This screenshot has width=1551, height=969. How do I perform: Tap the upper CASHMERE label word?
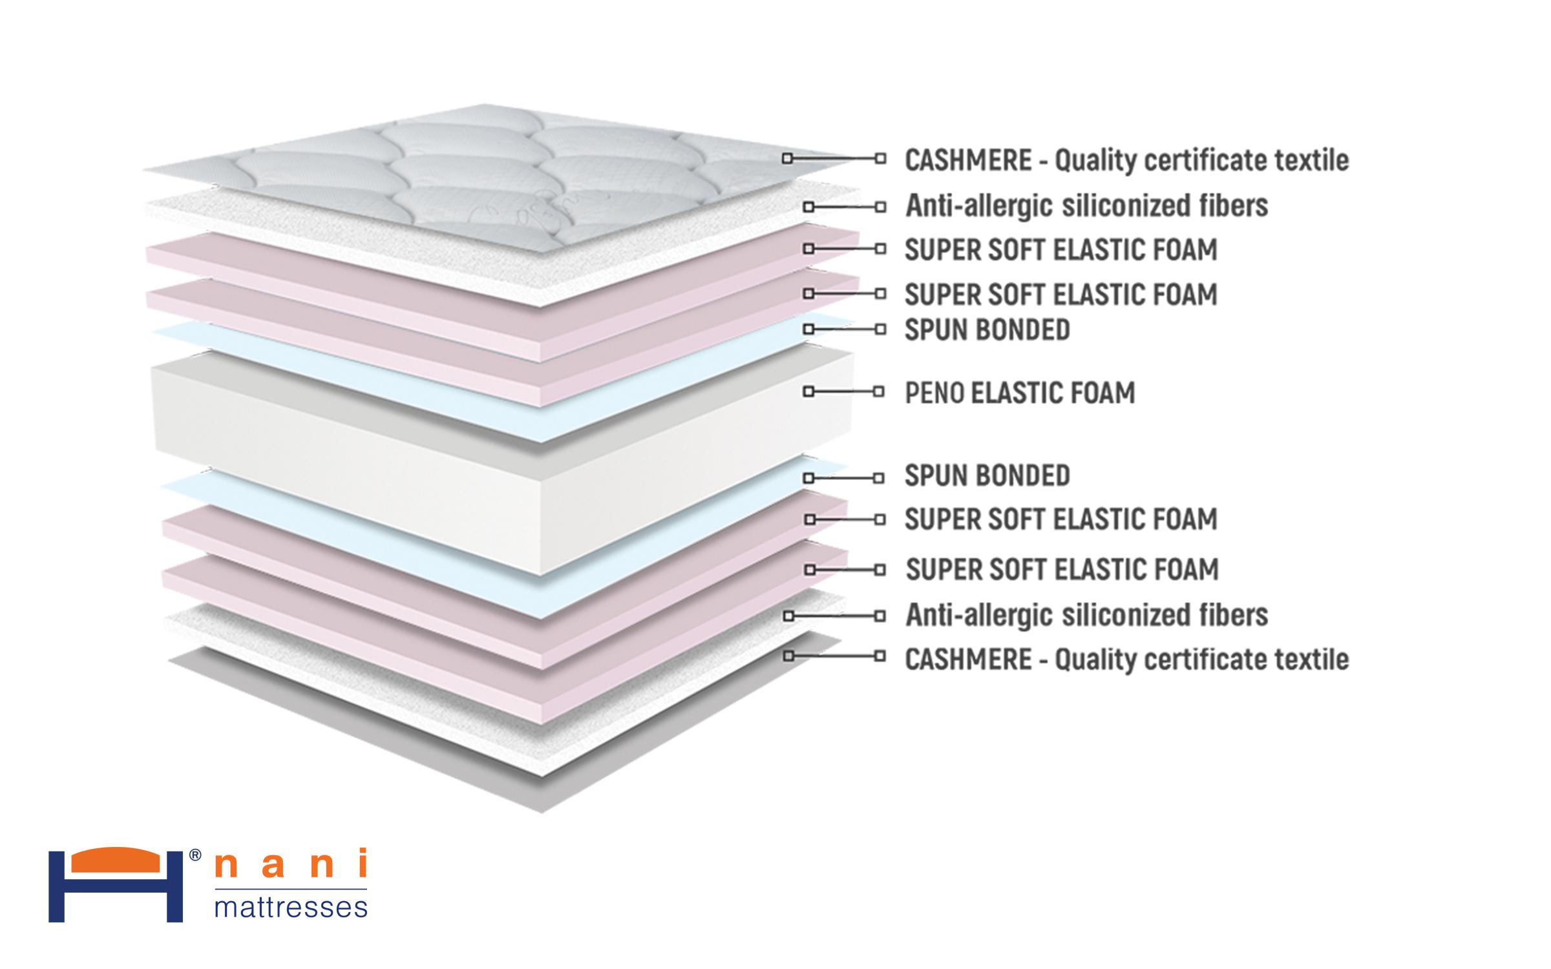point(967,160)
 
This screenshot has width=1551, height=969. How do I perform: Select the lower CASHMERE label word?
point(967,660)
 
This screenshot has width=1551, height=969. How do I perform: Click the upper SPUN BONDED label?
point(987,330)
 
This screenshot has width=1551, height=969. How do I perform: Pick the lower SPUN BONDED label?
point(987,476)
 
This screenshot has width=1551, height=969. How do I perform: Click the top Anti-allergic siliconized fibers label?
point(1086,206)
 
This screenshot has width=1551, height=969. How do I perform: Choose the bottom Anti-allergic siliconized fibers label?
point(1086,615)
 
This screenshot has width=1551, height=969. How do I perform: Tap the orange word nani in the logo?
point(290,864)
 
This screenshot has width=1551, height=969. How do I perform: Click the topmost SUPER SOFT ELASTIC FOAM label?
point(1060,250)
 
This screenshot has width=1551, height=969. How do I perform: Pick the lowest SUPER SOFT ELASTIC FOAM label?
point(1062,570)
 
